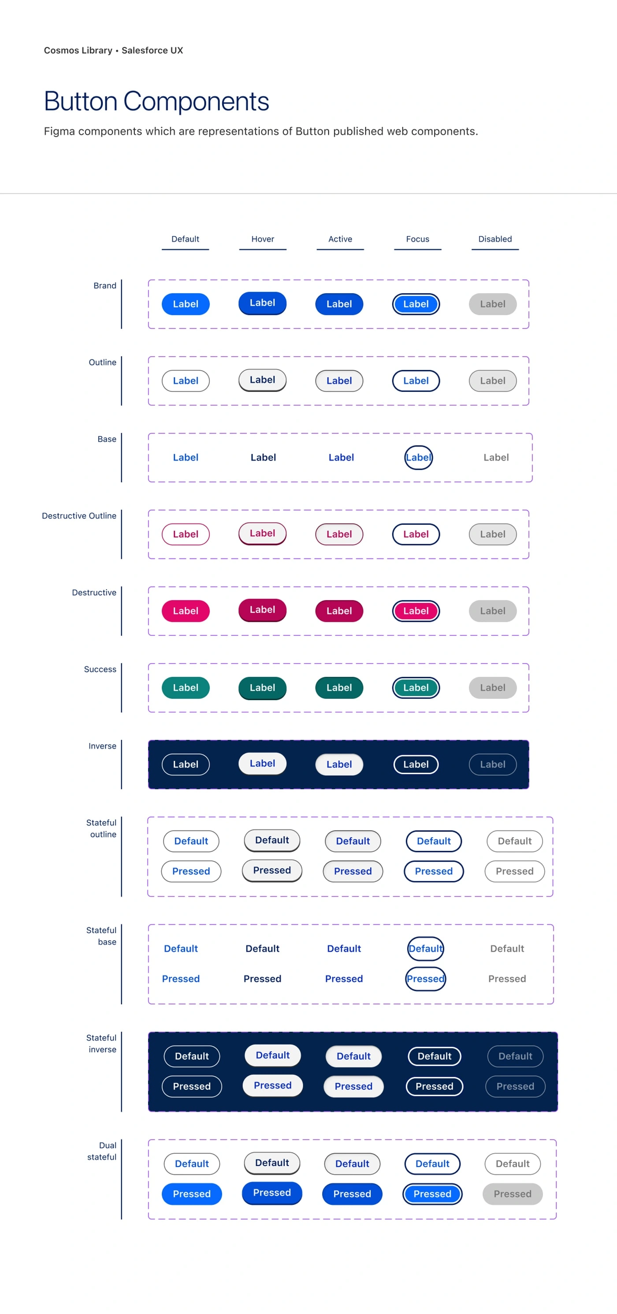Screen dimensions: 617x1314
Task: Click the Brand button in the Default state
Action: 185,304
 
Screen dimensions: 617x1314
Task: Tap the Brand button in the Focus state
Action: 416,304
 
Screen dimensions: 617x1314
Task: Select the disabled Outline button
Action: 492,380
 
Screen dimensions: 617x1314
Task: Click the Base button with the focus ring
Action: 419,458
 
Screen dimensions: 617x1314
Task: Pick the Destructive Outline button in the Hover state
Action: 262,533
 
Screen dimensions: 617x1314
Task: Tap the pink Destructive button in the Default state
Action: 185,611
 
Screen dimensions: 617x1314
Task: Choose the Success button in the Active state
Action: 339,688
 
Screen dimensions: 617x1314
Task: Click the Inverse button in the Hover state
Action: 262,763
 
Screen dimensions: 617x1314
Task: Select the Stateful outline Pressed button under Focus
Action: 434,871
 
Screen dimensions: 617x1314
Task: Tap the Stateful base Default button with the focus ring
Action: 426,948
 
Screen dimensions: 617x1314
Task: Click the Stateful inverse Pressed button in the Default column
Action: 192,1086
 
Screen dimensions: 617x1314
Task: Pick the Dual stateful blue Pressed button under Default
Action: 192,1194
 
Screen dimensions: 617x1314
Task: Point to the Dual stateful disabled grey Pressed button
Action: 513,1194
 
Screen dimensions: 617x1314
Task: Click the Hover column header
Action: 263,239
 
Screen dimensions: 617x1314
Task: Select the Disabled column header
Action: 495,239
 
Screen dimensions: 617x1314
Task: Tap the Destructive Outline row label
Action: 79,516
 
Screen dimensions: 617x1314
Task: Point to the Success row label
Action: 100,669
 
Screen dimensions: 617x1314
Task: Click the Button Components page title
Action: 156,101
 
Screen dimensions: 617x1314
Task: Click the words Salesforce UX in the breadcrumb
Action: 152,50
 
